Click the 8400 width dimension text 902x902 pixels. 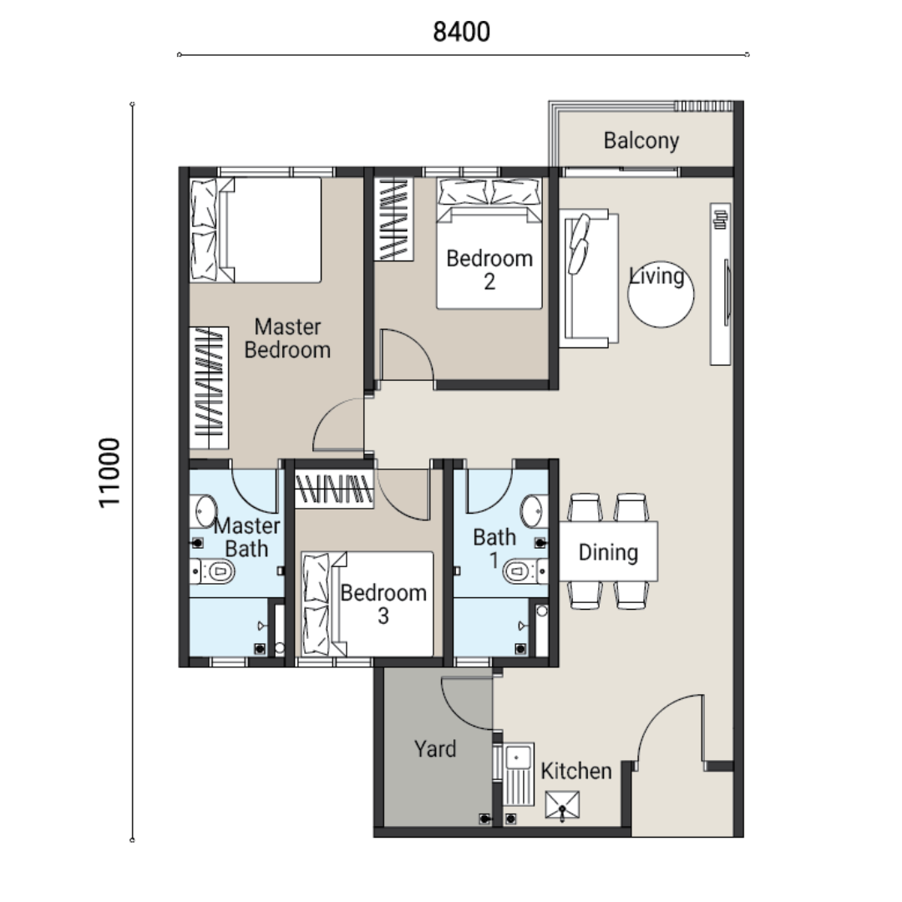[461, 32]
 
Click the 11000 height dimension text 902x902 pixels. [109, 473]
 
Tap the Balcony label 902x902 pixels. [641, 141]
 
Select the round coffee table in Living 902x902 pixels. [661, 295]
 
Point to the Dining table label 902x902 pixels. [608, 552]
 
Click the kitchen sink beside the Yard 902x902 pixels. [519, 773]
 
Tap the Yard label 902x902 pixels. [435, 749]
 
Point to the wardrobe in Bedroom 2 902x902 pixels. [394, 219]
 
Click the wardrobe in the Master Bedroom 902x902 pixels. [209, 388]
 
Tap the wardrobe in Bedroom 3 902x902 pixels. [334, 489]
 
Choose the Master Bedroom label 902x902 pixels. [287, 338]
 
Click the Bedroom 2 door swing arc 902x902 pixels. [415, 343]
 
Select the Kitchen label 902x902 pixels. [576, 771]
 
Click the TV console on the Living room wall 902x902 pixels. [720, 284]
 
